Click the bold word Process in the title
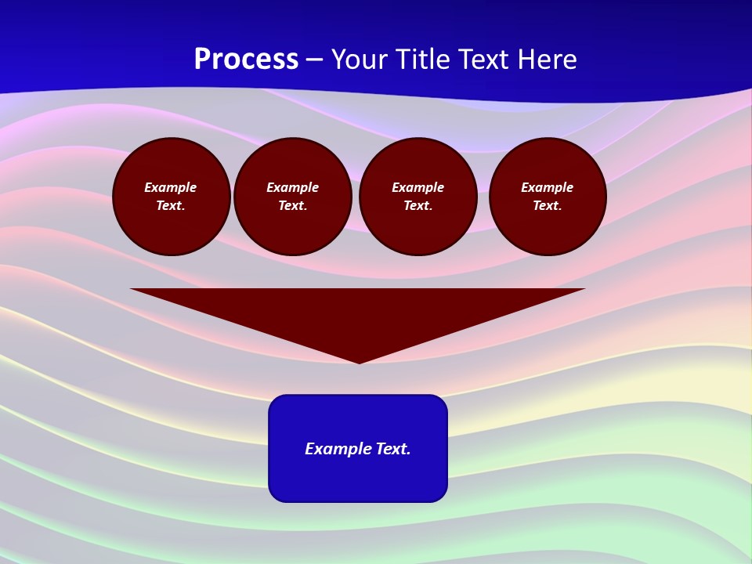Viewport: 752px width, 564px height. [x=246, y=60]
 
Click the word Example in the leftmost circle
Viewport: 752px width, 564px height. [x=171, y=187]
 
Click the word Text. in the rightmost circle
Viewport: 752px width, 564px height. [x=548, y=206]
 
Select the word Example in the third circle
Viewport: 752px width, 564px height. [x=418, y=187]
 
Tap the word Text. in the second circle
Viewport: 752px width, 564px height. [x=293, y=206]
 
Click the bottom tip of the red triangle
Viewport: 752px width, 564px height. [x=359, y=361]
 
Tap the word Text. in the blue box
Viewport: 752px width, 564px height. [x=393, y=449]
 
